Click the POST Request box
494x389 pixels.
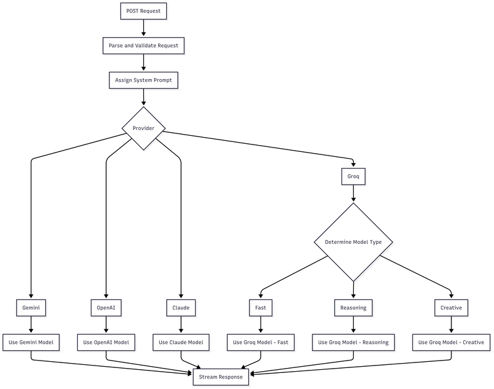[144, 11]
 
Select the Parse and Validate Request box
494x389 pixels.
[144, 46]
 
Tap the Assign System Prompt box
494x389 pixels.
[144, 80]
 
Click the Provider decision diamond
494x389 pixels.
[144, 128]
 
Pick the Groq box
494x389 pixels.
[353, 177]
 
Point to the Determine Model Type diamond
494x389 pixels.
[353, 242]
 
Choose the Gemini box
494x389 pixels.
[31, 307]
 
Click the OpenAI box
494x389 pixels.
[106, 307]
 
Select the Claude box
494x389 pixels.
[181, 307]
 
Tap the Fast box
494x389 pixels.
[261, 307]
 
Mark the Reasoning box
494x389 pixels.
[353, 307]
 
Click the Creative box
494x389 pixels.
[451, 307]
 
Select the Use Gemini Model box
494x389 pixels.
[31, 343]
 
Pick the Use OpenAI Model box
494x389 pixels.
[106, 343]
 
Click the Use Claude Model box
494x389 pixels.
[181, 343]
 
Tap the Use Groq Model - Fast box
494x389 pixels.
[261, 343]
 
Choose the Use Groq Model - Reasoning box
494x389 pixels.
[353, 343]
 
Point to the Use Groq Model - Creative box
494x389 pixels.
[451, 343]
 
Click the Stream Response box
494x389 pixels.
[221, 377]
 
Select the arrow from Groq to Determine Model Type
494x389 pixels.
[353, 193]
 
